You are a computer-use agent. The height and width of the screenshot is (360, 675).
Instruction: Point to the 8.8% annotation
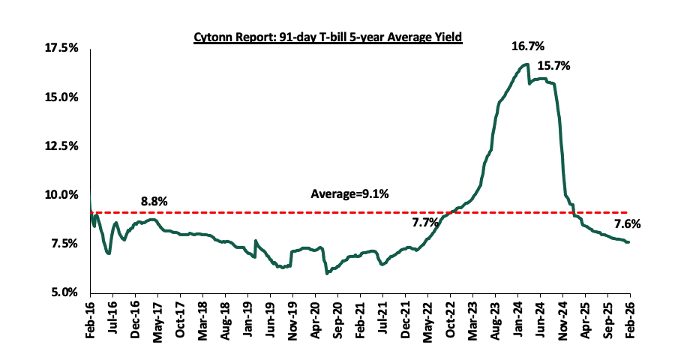click(154, 202)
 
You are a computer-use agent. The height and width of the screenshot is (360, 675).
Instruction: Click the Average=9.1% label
click(349, 195)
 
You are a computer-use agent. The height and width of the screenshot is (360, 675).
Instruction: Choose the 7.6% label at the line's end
click(627, 223)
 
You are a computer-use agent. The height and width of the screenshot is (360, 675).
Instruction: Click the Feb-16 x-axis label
click(90, 318)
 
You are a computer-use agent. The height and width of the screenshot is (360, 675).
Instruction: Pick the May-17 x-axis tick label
click(157, 318)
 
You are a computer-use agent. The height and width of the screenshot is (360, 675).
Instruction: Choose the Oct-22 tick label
click(450, 318)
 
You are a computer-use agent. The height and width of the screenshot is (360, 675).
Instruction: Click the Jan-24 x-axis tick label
click(517, 318)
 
